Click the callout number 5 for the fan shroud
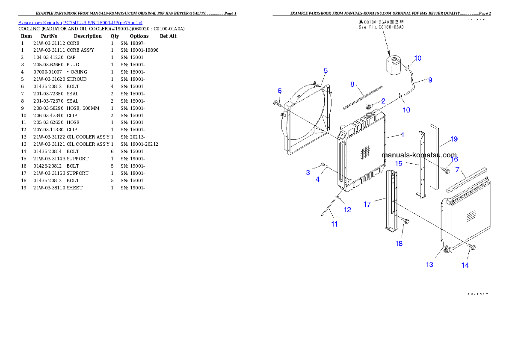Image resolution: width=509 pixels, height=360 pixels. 326,70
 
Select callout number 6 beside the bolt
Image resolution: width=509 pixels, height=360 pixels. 280,91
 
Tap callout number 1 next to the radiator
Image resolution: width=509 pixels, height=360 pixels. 402,135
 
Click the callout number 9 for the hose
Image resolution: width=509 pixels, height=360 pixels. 430,80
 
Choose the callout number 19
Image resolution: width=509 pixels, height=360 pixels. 454,139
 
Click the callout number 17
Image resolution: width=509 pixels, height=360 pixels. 367,204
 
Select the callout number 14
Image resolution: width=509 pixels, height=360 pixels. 465,265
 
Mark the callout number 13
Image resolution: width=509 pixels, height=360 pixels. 429,265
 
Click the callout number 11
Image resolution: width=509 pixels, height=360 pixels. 334,224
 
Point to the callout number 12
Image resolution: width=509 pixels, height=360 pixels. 347,210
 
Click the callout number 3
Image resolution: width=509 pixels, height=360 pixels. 308,172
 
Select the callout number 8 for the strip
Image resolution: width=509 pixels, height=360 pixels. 352,84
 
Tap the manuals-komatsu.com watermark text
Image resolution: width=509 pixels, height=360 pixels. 419,155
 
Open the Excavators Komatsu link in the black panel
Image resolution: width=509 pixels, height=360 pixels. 80,22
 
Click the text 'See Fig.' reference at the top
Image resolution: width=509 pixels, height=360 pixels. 381,27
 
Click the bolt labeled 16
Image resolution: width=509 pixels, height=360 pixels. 446,171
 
